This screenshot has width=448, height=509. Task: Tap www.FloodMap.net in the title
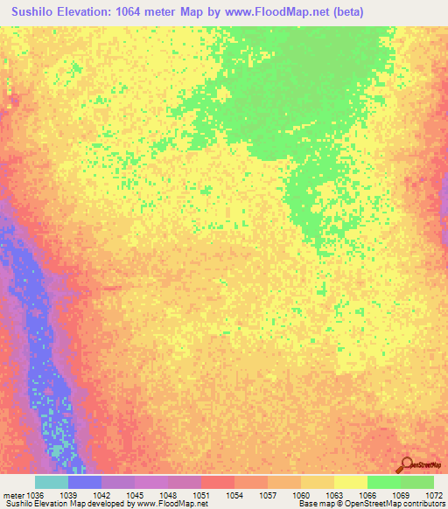coord(270,12)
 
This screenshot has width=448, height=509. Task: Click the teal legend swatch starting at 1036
coord(51,482)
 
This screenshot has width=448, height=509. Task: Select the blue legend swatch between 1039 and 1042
coord(84,482)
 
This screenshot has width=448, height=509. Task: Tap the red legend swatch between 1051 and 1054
coord(217,482)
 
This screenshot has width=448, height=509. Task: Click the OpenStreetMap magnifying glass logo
coord(408,466)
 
